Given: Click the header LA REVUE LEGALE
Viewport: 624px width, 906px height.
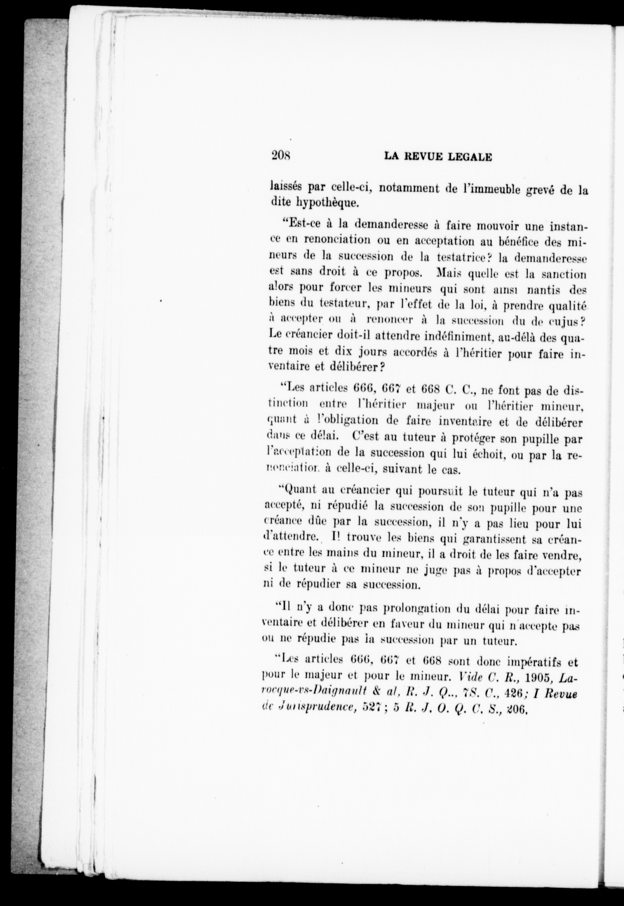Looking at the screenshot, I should (x=438, y=157).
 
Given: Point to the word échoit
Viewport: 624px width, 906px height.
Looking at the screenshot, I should (x=489, y=454).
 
